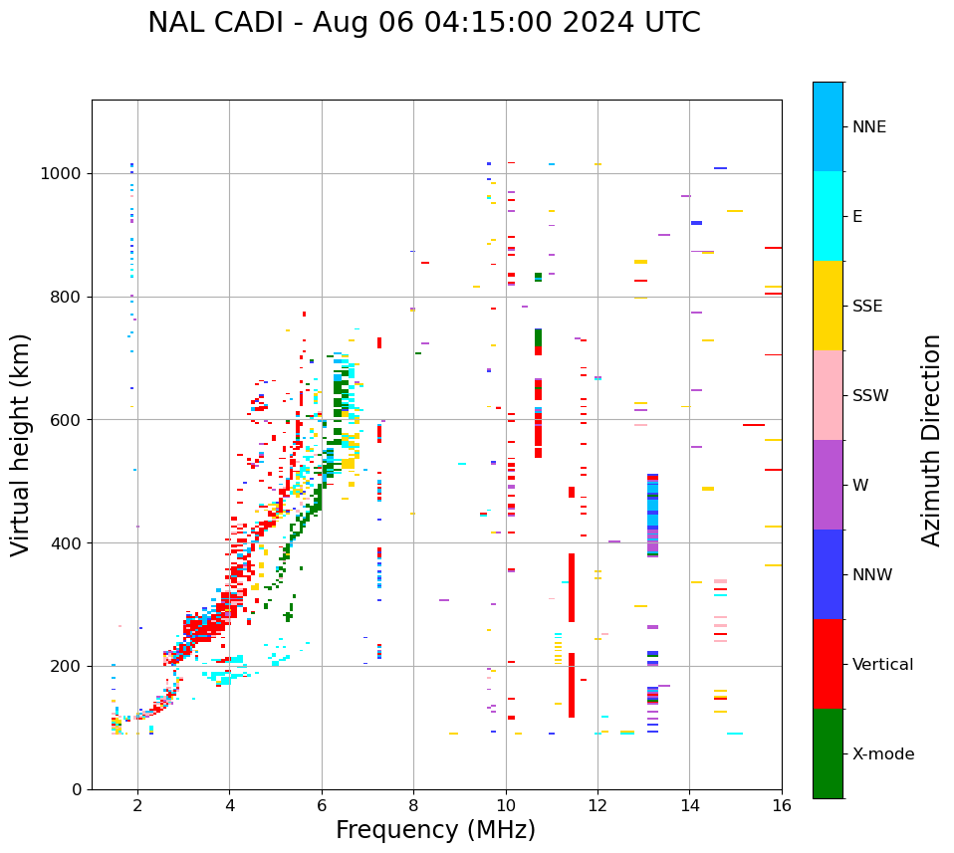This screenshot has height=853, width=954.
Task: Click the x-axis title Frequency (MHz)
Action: [435, 830]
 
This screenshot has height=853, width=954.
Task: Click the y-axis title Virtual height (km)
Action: [21, 445]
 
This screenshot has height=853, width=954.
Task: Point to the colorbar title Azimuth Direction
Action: [931, 440]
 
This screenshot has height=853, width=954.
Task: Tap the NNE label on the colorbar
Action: [869, 127]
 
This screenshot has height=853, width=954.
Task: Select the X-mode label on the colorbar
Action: [883, 754]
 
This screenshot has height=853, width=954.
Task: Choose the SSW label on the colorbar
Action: [870, 396]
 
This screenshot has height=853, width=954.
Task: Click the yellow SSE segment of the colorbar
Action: [828, 306]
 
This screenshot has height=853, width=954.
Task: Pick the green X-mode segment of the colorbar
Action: [828, 753]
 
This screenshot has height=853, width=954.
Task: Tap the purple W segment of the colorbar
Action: [828, 485]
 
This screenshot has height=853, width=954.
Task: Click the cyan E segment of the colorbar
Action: [828, 216]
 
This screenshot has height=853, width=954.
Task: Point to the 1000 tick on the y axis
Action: [62, 173]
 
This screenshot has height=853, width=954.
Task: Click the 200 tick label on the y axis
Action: [67, 666]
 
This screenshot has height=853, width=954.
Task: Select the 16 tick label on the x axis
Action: [782, 805]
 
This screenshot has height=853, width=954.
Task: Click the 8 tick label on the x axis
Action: [413, 805]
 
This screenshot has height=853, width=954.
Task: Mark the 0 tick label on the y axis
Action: [77, 789]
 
